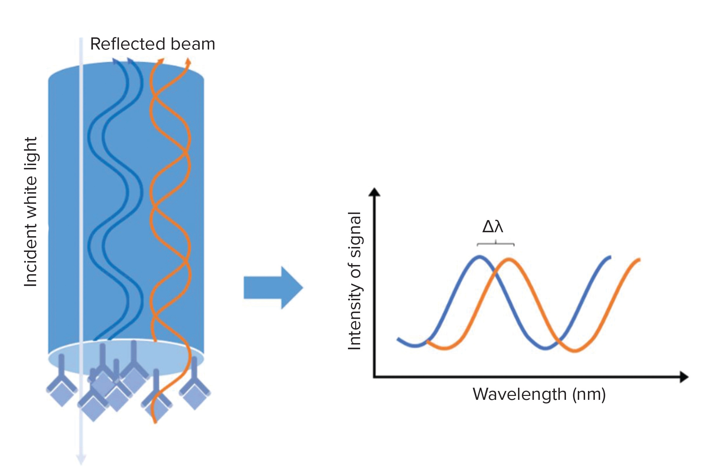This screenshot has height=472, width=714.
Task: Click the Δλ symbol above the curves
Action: click(x=492, y=226)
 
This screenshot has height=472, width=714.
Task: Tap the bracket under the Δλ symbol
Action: click(x=495, y=244)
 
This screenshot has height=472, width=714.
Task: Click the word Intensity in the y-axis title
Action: click(x=355, y=315)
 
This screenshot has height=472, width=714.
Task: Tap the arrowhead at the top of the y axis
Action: click(x=374, y=192)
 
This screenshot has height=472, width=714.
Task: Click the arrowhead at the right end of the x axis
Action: click(x=684, y=377)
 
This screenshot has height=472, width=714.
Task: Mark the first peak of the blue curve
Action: click(x=480, y=257)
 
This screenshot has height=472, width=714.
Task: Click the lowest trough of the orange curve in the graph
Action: click(x=574, y=350)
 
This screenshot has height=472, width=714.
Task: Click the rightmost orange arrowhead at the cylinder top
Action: click(x=188, y=61)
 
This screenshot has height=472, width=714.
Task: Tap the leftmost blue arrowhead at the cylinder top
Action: click(x=115, y=61)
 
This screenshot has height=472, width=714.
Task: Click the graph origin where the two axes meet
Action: click(x=374, y=377)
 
